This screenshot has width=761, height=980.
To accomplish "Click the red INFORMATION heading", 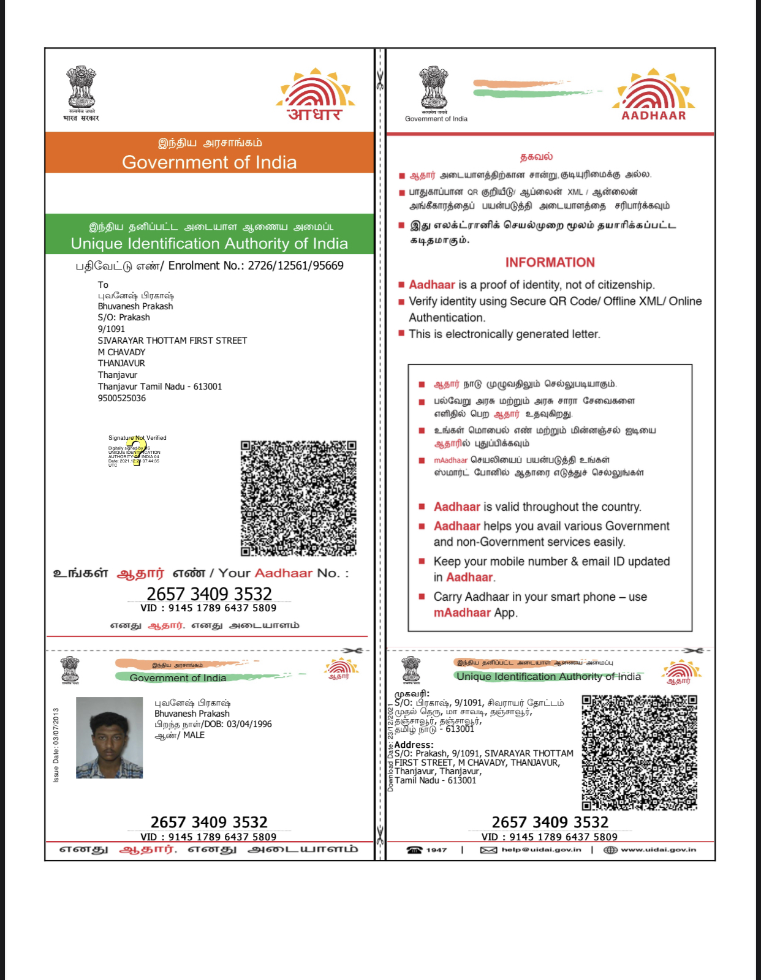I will (x=550, y=262).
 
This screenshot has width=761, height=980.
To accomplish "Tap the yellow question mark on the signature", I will (x=135, y=451).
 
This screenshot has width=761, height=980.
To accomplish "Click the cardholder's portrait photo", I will (x=109, y=737).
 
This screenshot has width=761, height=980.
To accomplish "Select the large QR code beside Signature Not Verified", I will (x=298, y=498).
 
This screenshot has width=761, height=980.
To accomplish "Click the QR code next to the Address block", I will (x=639, y=753).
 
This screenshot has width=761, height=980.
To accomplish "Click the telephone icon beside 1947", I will (x=415, y=850).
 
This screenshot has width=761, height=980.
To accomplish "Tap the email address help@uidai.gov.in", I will (x=541, y=850).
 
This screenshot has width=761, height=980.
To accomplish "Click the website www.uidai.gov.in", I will (x=658, y=850).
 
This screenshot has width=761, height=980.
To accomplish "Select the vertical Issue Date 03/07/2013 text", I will (x=56, y=745).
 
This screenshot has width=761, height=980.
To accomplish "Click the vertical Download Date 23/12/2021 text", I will (x=390, y=747).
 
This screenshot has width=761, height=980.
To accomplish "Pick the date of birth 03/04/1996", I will (x=249, y=724).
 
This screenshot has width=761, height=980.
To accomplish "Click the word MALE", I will (x=194, y=735).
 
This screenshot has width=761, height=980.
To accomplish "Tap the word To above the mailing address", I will (x=103, y=285).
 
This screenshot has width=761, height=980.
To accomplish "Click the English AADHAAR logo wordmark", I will (x=654, y=115).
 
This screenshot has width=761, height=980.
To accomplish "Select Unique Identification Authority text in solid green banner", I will (x=209, y=244).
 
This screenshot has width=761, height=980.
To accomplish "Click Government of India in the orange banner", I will (x=209, y=162).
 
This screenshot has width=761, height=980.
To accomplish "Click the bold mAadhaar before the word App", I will (x=462, y=612).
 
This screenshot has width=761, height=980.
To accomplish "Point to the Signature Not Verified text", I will (x=137, y=438).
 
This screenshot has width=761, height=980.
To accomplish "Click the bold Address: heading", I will (x=414, y=745).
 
